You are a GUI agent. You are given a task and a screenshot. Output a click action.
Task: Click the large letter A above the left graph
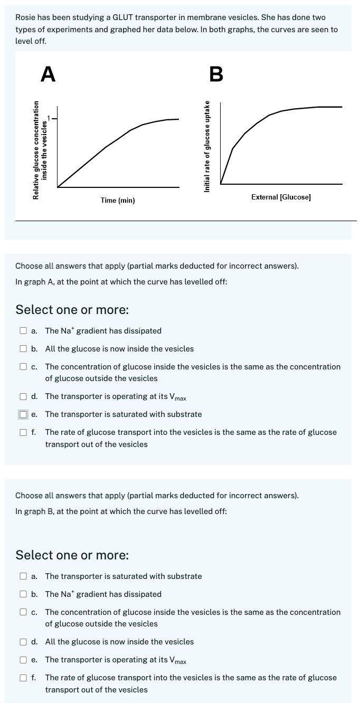[48, 74]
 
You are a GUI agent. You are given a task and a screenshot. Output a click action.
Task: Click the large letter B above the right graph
[216, 74]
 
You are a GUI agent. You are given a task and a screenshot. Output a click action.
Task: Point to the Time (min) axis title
[118, 201]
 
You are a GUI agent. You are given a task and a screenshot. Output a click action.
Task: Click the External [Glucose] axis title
[281, 197]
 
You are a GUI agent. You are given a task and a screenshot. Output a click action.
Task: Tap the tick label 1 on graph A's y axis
[50, 117]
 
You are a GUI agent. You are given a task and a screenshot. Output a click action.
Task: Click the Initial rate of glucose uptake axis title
[207, 146]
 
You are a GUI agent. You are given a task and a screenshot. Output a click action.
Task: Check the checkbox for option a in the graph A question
[23, 331]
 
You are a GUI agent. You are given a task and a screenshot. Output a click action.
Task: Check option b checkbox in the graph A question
[23, 349]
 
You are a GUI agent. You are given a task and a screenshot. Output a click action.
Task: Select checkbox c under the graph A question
[23, 367]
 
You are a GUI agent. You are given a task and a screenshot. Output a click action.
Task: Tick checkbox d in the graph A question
[23, 396]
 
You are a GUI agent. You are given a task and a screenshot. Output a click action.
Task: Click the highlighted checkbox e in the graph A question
[23, 414]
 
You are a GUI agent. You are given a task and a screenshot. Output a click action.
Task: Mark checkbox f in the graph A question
[23, 432]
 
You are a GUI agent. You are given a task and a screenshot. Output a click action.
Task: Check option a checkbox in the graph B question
[23, 576]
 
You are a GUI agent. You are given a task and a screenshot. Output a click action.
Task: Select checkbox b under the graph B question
[23, 594]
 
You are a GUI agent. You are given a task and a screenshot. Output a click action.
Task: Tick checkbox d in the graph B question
[23, 642]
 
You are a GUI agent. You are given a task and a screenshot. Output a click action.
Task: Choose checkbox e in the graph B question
[23, 660]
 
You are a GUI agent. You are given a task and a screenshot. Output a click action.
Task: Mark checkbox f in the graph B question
[23, 678]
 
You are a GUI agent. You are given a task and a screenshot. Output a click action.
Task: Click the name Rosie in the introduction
[26, 17]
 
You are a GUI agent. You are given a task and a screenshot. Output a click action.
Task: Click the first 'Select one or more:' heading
[72, 309]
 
